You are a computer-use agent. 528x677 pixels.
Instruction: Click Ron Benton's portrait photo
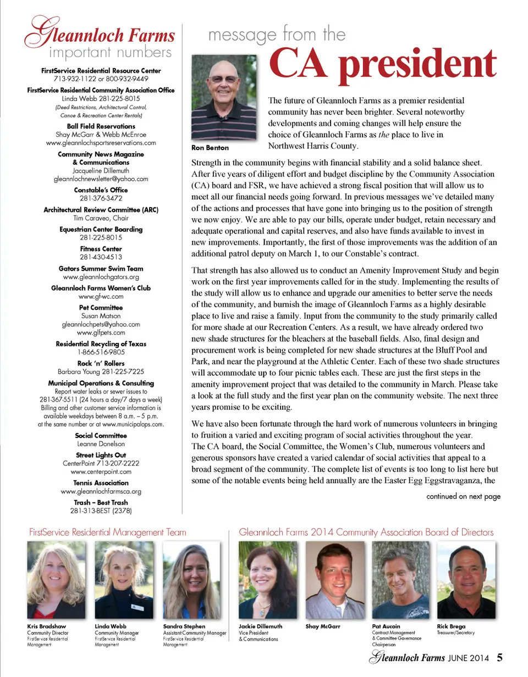click(223, 98)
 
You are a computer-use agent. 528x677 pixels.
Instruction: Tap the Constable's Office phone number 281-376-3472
click(101, 198)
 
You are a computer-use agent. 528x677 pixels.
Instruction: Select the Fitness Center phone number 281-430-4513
click(101, 257)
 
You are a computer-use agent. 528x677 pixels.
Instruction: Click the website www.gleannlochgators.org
click(101, 277)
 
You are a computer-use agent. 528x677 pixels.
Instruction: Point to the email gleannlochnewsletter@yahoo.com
click(101, 179)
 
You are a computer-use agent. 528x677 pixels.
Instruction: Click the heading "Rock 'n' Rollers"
click(101, 363)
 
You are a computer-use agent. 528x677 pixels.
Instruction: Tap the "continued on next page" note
click(464, 497)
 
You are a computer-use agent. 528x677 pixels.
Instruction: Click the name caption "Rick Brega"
click(451, 626)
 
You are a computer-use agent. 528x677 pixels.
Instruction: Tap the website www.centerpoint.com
click(101, 471)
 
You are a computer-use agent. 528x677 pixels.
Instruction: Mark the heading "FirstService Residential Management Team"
click(107, 532)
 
